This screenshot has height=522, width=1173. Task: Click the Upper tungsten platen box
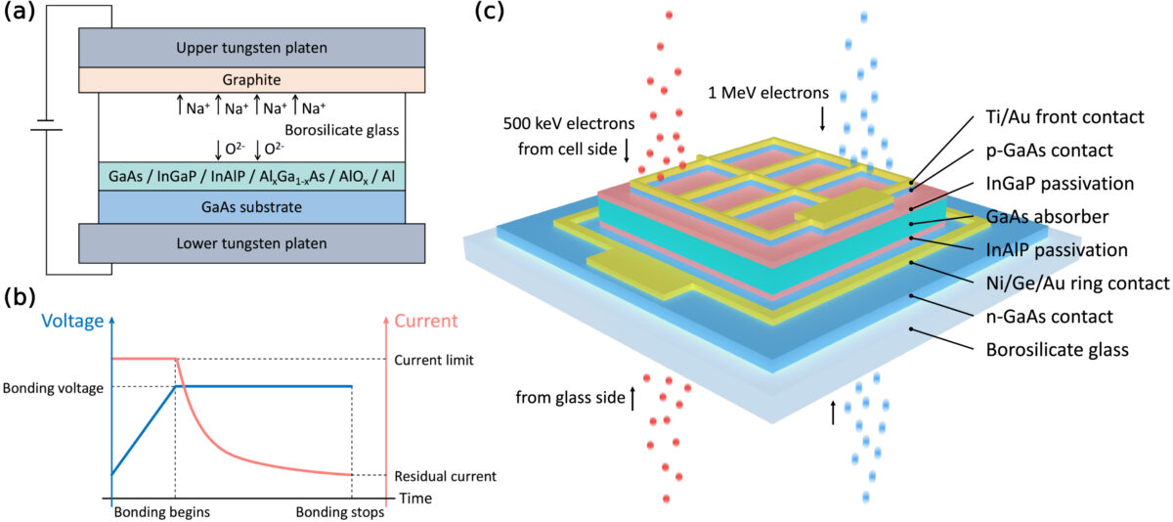[x=251, y=47]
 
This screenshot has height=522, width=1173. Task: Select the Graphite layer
[x=251, y=80]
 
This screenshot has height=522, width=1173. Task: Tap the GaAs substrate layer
[x=251, y=206]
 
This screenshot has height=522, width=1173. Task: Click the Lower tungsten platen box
[x=251, y=242]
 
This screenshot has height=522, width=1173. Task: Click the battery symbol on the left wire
[x=46, y=125]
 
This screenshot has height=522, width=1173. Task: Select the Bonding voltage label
[x=54, y=387]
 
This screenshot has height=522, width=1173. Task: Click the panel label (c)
[x=489, y=14]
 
